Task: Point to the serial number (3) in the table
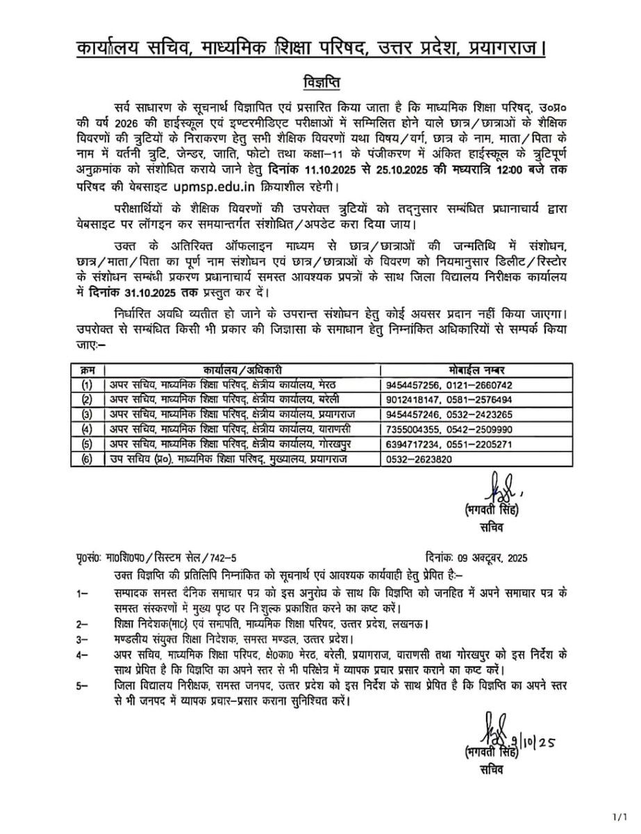[x=87, y=414]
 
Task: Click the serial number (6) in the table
[x=87, y=459]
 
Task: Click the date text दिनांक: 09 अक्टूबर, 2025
[x=476, y=558]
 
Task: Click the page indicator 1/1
[x=620, y=815]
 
